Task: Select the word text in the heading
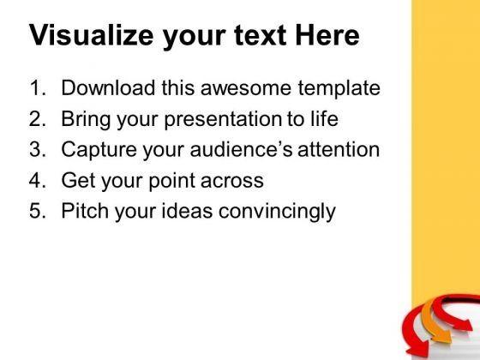261,35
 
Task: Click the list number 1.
37,87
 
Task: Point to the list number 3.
38,149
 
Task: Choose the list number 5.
38,211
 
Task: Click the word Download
108,87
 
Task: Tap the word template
339,89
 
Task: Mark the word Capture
99,151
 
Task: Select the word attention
339,149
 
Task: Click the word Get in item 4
79,180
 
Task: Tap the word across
232,181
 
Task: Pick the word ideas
187,211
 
